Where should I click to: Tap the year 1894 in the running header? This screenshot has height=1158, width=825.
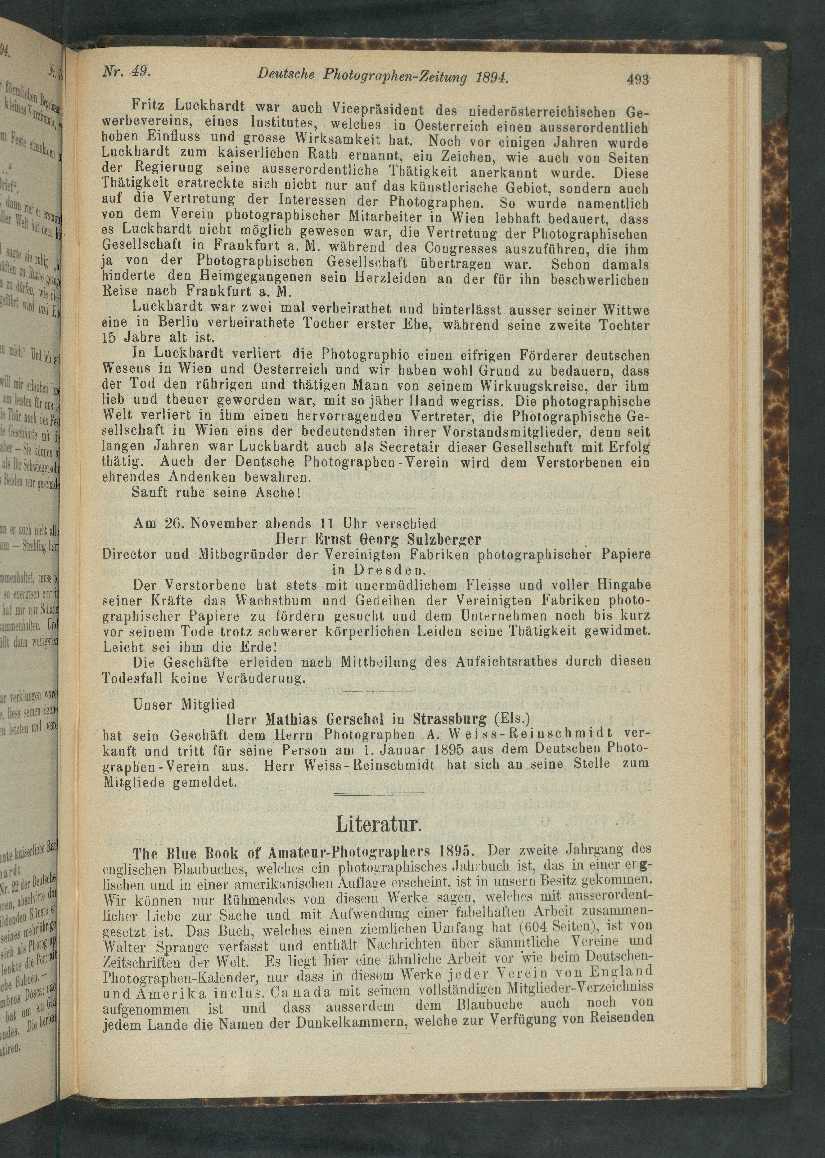click(x=493, y=76)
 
